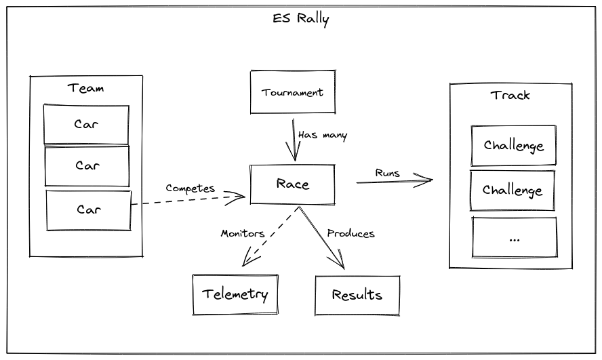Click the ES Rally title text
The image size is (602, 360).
point(300,19)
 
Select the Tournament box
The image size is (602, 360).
point(292,92)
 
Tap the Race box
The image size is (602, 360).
point(292,184)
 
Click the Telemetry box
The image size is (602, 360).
point(235,294)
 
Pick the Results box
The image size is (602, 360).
point(357,295)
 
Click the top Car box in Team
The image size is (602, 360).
point(86,125)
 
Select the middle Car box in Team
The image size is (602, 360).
point(87,166)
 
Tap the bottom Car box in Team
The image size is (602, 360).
point(88,210)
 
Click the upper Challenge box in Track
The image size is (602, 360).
point(513,146)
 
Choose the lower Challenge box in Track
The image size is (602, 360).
point(513,190)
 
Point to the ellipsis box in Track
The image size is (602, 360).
point(514,238)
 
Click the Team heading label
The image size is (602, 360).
point(86,88)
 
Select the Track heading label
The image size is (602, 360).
point(510,95)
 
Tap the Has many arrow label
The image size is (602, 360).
point(323,136)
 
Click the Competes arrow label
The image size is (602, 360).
point(190,188)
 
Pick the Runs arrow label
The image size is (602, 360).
point(388,173)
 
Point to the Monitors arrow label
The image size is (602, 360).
point(242,233)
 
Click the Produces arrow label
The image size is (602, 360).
point(350,233)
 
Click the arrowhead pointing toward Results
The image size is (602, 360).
point(340,264)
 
